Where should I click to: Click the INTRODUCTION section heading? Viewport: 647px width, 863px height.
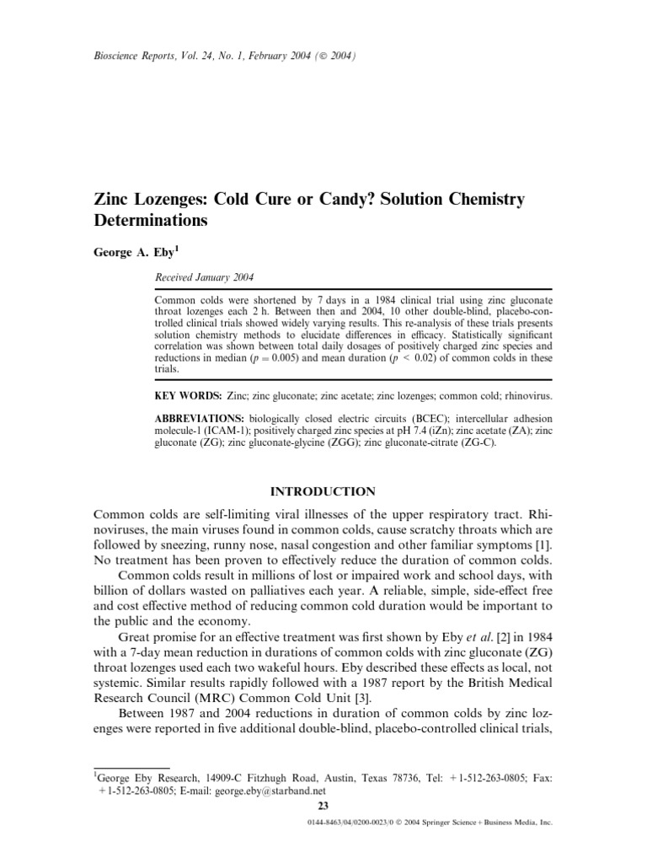pos(323,490)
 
